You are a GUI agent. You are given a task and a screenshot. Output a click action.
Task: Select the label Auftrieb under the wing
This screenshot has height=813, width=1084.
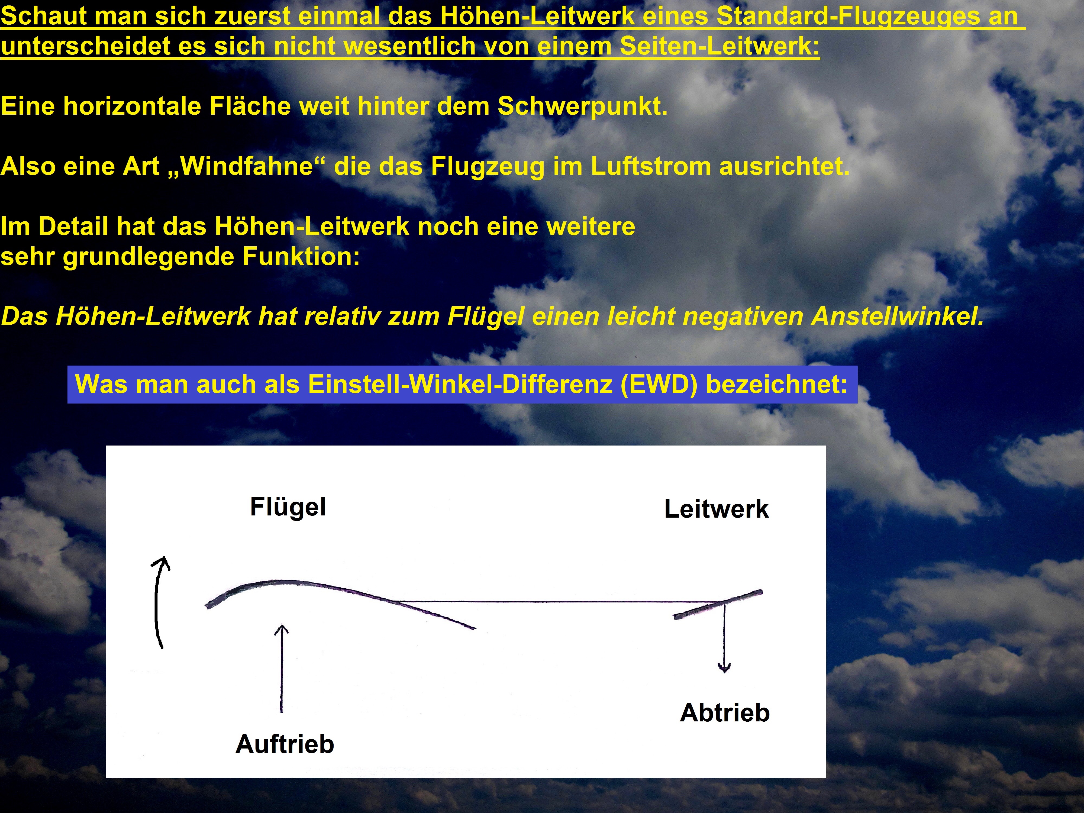(x=285, y=744)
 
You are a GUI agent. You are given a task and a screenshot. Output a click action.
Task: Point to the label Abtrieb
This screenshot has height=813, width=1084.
(x=725, y=712)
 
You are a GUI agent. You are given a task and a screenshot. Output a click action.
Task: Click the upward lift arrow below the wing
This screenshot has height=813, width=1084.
(x=281, y=669)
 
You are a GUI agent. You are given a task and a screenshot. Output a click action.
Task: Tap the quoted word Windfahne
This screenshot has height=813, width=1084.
(x=247, y=166)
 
